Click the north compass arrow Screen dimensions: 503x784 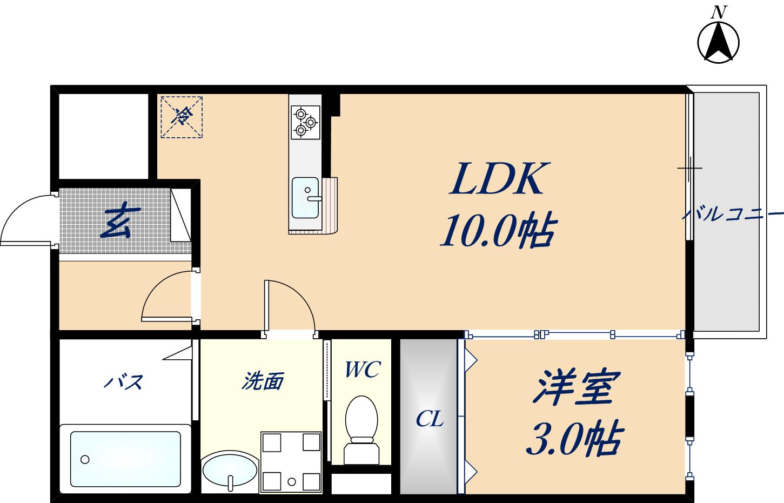[718, 42]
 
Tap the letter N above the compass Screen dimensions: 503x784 [718, 12]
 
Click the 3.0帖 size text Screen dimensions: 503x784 [574, 438]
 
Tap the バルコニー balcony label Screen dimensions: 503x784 [732, 214]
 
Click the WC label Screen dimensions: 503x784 [363, 370]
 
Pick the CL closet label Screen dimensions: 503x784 [430, 419]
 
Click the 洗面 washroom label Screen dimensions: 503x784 [262, 381]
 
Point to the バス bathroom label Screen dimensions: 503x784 [123, 382]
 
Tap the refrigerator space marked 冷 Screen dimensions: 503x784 [182, 116]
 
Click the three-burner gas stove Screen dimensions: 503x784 [305, 122]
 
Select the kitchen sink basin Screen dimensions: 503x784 [305, 197]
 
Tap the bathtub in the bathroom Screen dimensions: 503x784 [125, 459]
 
